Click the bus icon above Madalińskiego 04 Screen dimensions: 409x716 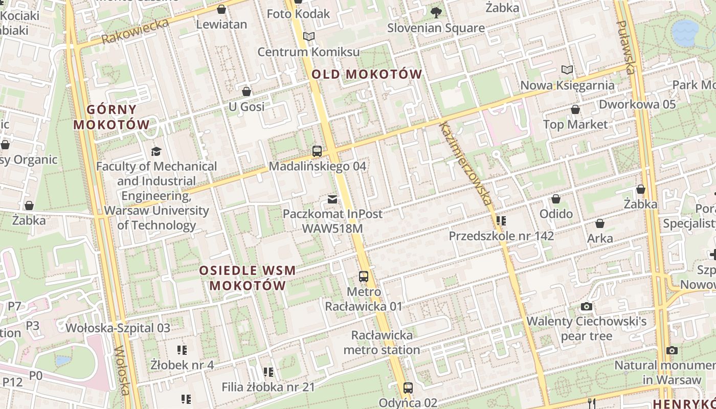coord(317,151)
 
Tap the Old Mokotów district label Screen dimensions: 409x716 coord(367,75)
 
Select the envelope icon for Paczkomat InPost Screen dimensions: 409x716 coord(332,199)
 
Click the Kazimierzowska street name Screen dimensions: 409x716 coord(465,164)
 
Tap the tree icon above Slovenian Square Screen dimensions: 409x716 coord(436,12)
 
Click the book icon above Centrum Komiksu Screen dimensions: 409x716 coord(308,37)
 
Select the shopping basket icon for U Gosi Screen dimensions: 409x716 coord(247,92)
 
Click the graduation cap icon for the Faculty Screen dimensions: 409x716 coord(156,151)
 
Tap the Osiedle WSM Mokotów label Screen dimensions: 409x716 coord(248,278)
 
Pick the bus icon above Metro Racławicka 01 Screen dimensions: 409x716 coord(364,277)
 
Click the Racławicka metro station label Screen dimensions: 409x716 coord(382,343)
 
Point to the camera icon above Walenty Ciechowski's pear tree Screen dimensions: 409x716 coord(587,307)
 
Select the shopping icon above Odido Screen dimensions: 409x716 coord(556,199)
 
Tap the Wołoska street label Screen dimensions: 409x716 coord(122,371)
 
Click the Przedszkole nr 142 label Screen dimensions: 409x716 coord(501,236)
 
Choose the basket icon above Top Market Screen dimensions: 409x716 coord(575,110)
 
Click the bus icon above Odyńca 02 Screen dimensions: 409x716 coord(408,388)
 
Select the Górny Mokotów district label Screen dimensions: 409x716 coord(111,117)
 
